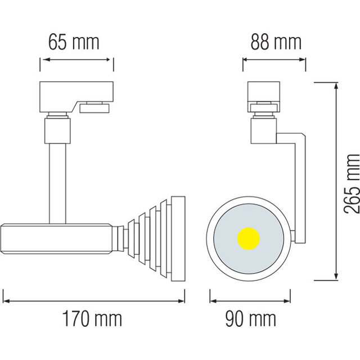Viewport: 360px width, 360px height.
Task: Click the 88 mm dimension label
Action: (x=275, y=42)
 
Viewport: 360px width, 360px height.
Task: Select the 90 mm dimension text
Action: (x=251, y=319)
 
